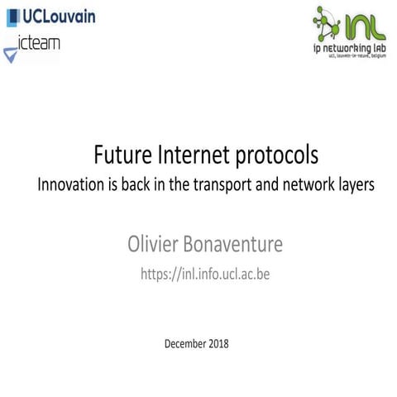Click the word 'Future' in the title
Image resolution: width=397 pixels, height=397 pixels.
coord(125,155)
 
